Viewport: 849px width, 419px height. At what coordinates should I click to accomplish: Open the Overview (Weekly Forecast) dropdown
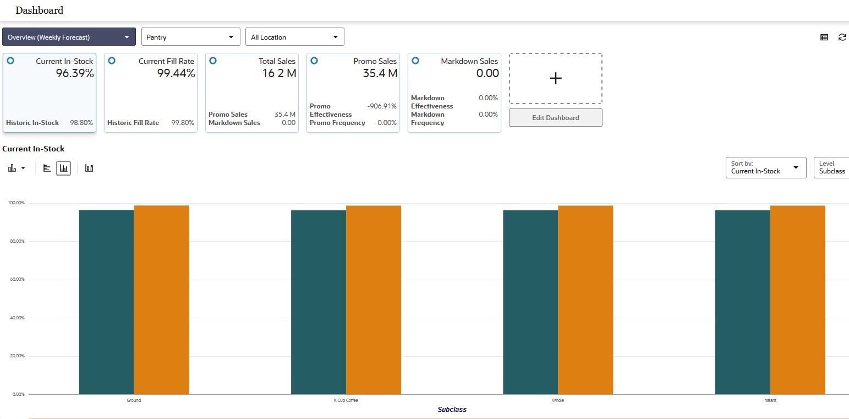[69, 37]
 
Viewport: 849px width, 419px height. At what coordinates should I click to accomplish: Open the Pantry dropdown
[190, 37]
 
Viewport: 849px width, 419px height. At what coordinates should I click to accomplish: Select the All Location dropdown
[294, 37]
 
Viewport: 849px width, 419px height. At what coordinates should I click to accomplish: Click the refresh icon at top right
[842, 37]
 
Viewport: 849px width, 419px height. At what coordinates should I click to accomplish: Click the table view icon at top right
[824, 37]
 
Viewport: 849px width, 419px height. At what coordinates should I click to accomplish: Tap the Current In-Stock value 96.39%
[75, 73]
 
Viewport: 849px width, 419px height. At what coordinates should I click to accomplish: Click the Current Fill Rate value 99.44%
[176, 73]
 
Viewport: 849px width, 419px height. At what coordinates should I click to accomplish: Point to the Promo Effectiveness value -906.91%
[382, 106]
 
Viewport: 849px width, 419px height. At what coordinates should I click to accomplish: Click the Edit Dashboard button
[555, 118]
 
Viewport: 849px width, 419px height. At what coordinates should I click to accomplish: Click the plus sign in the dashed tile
[555, 79]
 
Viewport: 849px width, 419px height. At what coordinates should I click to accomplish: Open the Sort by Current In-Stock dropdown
[765, 168]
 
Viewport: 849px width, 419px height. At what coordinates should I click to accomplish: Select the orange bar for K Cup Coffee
[373, 300]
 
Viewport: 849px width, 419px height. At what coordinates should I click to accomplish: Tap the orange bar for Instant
[797, 300]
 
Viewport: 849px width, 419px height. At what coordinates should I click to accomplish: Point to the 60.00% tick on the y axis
[16, 280]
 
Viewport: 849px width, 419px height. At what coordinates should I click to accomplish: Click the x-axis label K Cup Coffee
[346, 400]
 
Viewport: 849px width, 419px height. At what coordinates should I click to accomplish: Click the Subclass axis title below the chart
[452, 410]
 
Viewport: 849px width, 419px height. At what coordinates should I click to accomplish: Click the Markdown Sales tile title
[469, 61]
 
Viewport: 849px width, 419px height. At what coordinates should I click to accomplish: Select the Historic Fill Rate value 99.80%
[183, 123]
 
